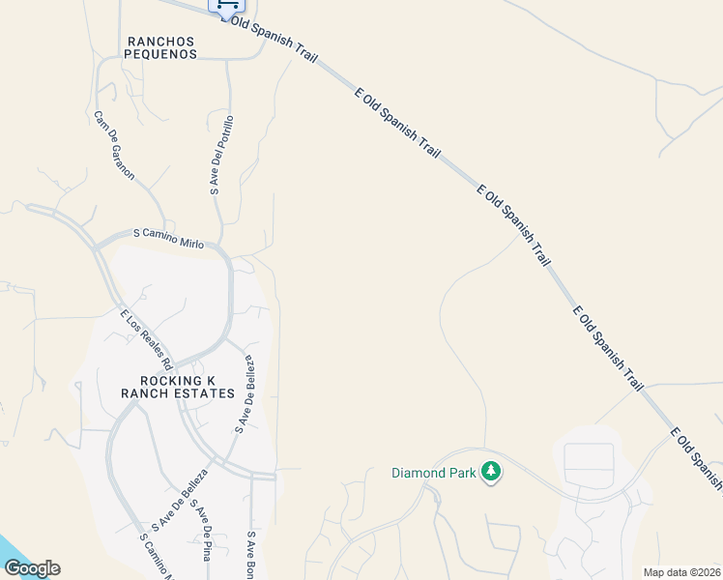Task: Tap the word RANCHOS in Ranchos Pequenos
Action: click(x=161, y=42)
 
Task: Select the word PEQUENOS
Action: click(x=161, y=55)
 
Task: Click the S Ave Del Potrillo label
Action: click(x=221, y=156)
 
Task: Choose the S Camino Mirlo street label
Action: click(x=168, y=239)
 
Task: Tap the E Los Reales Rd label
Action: click(x=146, y=338)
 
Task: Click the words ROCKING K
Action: click(x=177, y=380)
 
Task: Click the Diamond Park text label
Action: click(x=434, y=473)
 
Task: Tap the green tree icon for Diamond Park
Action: click(x=492, y=472)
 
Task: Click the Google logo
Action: click(x=32, y=568)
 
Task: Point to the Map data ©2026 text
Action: click(x=681, y=572)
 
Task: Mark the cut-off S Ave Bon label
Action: click(x=250, y=556)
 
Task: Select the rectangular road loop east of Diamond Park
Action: click(x=589, y=464)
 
